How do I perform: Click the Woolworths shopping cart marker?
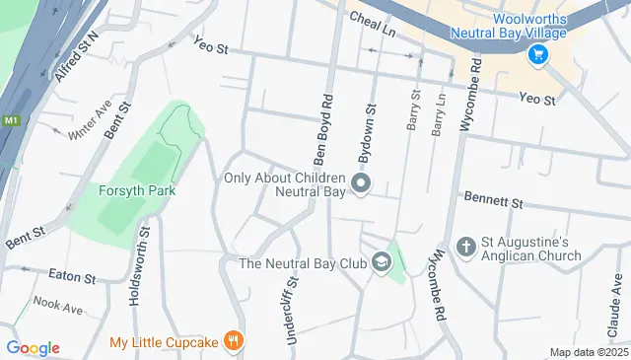pos(538,55)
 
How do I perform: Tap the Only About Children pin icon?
pos(362,183)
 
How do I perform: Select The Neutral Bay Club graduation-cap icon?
pos(381,262)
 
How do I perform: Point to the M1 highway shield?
pos(11,120)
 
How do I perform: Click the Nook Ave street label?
pos(58,308)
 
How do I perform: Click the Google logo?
pos(33,347)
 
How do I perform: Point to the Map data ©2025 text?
pos(588,352)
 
